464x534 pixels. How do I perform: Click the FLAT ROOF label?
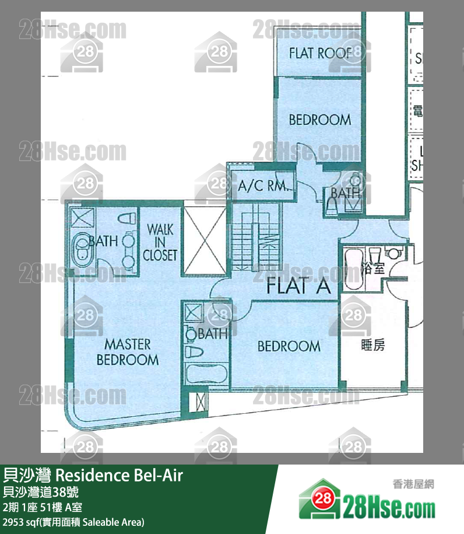point(319,54)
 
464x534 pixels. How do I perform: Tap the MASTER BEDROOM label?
point(127,352)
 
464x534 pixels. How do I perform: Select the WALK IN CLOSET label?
point(160,242)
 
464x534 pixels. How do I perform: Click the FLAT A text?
point(298,287)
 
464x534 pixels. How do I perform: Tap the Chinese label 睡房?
point(372,345)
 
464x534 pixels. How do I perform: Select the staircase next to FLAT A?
point(257,239)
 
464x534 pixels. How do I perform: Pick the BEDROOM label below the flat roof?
point(319,120)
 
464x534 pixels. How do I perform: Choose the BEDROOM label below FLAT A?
point(289,346)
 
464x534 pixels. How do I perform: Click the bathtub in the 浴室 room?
point(353,268)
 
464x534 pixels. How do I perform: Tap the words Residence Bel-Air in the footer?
point(120,476)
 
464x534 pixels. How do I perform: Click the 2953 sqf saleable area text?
point(73,522)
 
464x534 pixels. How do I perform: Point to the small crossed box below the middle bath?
point(201,402)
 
